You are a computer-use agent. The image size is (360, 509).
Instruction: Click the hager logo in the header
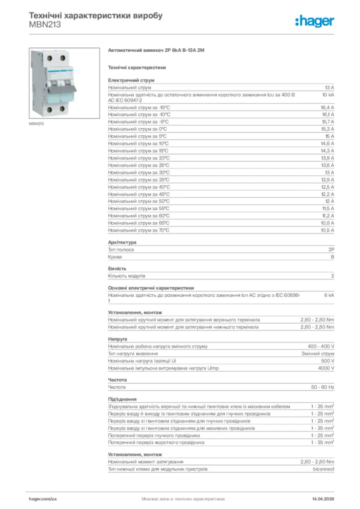click(315, 20)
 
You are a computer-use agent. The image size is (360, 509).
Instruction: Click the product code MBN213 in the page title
click(45, 24)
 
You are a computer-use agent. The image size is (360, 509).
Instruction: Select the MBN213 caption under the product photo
click(36, 123)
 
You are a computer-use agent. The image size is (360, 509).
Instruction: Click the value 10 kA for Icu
click(328, 94)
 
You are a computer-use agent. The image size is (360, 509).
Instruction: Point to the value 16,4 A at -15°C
click(327, 107)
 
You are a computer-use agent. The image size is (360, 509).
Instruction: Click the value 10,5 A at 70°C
click(327, 230)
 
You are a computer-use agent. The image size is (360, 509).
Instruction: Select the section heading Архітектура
click(122, 242)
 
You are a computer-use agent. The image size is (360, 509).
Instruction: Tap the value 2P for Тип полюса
click(331, 250)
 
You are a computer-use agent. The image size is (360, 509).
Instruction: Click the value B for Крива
click(333, 257)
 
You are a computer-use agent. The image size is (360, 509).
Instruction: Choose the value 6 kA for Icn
click(329, 295)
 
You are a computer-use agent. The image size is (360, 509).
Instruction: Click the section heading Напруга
click(117, 339)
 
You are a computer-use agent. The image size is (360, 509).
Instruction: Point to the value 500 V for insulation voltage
click(328, 361)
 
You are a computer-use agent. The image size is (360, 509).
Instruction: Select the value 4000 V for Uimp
click(326, 368)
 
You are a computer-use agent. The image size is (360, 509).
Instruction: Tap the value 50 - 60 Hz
click(323, 387)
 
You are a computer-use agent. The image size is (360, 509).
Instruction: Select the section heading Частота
click(117, 380)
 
